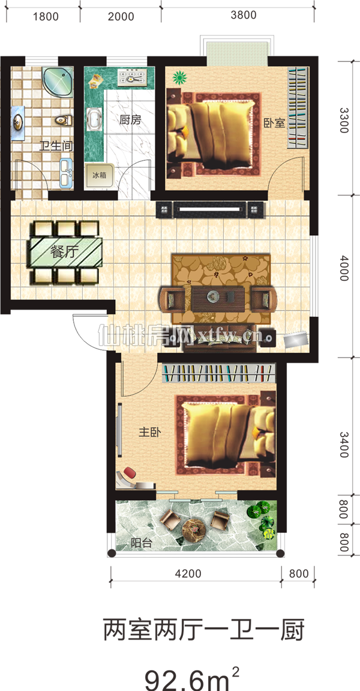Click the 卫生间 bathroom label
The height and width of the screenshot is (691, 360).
pos(56,146)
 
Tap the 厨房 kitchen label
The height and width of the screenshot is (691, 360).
pos(130,119)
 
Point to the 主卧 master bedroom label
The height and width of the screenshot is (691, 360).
pos(149,432)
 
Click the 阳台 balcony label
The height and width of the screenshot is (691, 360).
pos(142,543)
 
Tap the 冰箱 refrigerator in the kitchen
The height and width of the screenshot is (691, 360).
pos(99,175)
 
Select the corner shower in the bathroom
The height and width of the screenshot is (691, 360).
pos(58,82)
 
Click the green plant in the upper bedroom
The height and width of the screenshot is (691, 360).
pos(179,78)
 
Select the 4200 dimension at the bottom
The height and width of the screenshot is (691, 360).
pos(188,574)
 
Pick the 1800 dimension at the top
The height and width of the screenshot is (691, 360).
pos(46,17)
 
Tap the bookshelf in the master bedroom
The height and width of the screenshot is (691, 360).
pos(219,373)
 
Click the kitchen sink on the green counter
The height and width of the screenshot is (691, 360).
pos(94,119)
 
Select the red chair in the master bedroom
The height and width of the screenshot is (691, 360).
pos(130,473)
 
